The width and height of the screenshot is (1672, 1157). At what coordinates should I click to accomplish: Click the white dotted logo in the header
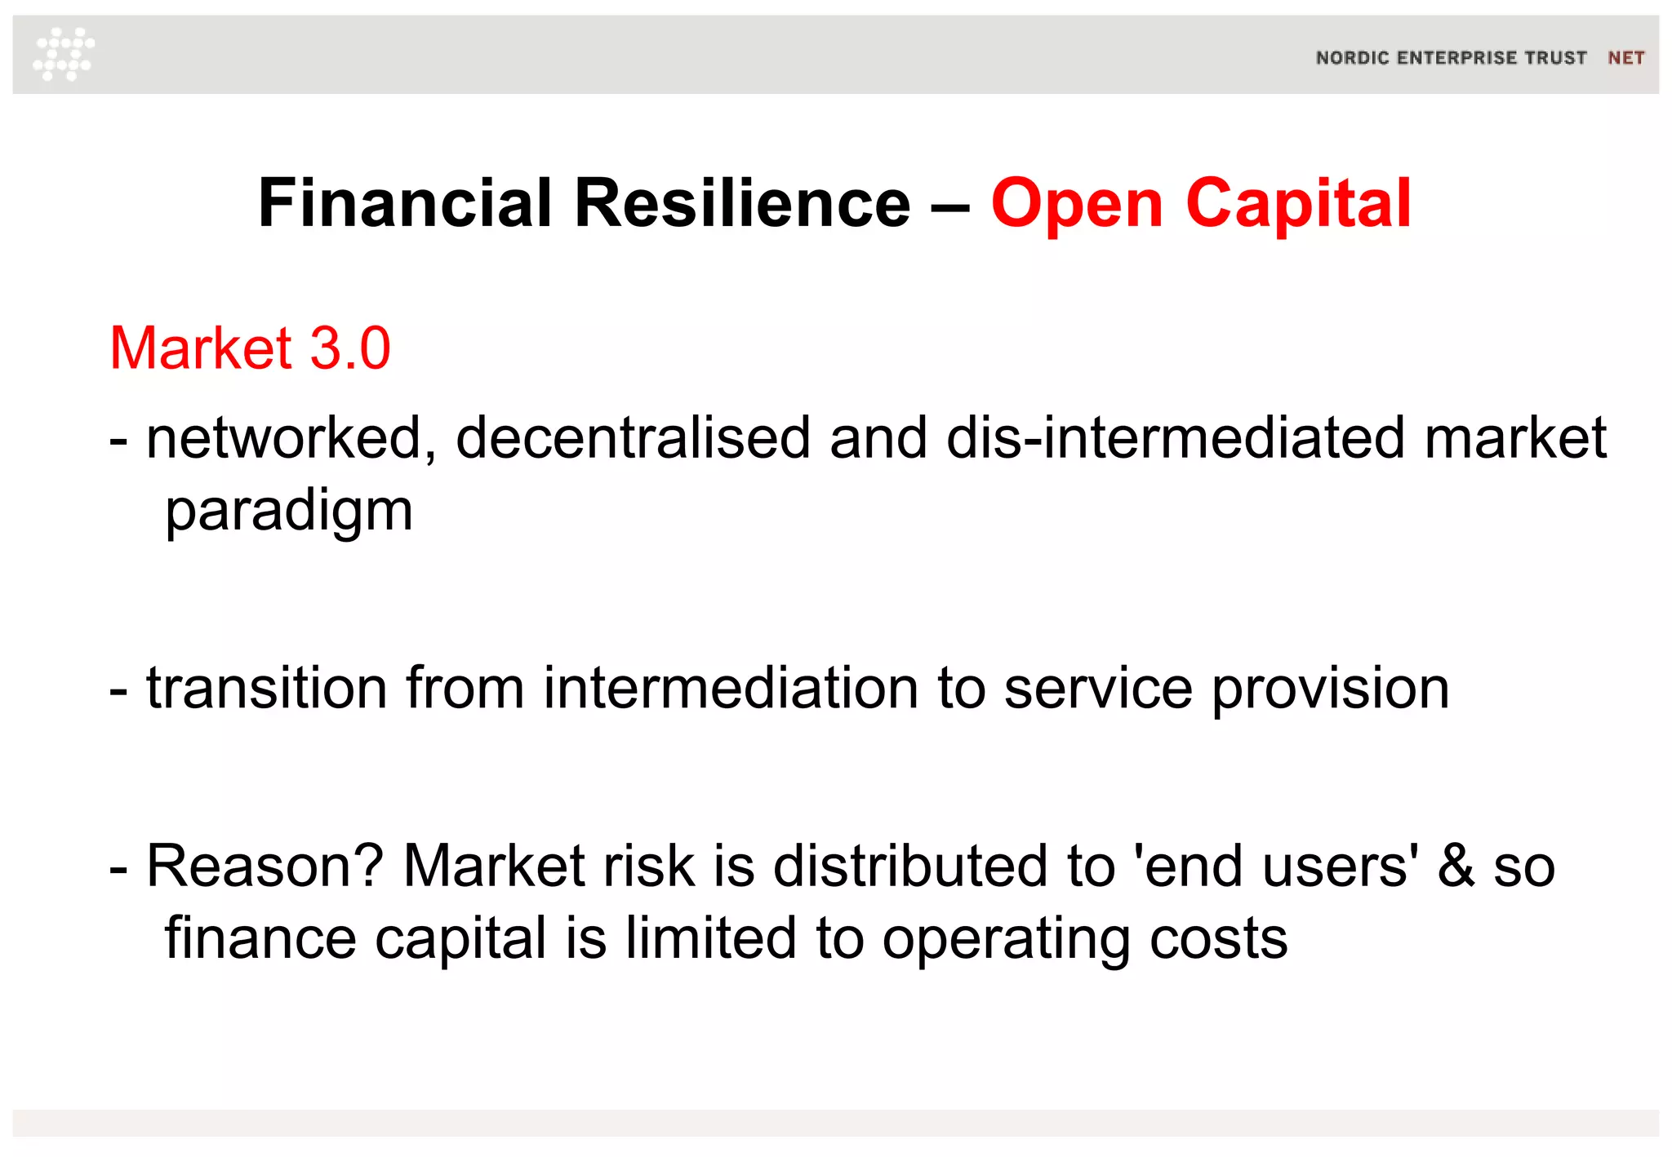coord(64,54)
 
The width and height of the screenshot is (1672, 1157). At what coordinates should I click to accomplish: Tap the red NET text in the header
coord(1625,58)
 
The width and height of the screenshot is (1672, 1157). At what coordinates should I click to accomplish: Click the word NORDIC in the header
coord(1352,58)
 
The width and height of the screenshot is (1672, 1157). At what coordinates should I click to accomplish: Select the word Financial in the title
coord(405,203)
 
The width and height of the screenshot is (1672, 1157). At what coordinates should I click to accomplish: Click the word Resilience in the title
coord(742,203)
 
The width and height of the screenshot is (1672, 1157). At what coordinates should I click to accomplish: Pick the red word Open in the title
coord(1076,205)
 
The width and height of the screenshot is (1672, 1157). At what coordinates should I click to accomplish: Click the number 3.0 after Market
coord(350,348)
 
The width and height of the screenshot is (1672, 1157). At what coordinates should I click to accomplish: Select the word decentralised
coord(633,439)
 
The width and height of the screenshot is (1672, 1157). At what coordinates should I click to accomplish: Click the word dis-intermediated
coord(1176,439)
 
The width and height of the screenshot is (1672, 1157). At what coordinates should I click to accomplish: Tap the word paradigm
coord(289,512)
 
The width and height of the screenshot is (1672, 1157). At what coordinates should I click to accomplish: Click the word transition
coord(266,688)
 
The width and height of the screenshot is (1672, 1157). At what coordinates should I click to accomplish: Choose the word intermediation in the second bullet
coord(731,688)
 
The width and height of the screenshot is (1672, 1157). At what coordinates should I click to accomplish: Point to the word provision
coord(1330,689)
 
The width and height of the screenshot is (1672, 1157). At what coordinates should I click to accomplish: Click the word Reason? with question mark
coord(265,866)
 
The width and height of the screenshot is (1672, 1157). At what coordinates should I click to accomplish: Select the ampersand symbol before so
coord(1456,866)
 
